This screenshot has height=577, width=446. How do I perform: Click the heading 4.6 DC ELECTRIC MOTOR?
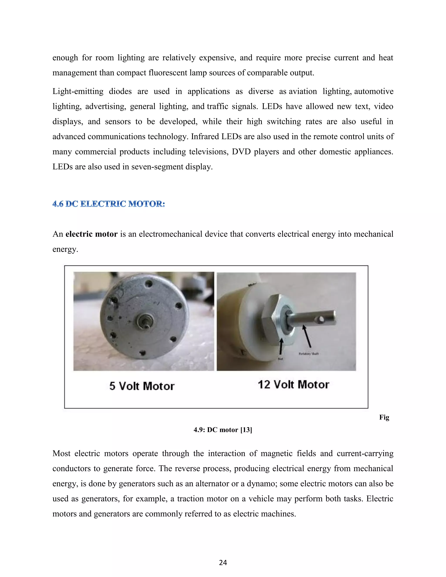109,204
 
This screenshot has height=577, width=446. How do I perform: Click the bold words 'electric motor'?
91,234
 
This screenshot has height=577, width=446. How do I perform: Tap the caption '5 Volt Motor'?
142,386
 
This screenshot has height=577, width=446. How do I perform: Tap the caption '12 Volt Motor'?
293,385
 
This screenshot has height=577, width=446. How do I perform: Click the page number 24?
223,562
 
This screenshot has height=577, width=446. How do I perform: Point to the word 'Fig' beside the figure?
384,417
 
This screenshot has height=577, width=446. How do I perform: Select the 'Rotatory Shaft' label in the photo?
309,353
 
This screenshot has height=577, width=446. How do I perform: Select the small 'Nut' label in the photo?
280,359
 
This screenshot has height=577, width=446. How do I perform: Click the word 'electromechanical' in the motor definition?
170,234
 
